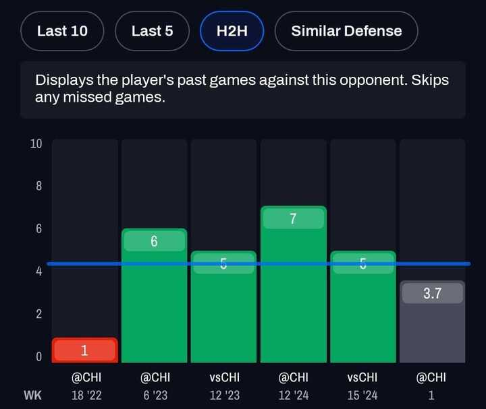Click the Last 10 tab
tap(62, 31)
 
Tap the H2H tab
tap(232, 31)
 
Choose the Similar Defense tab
tap(346, 31)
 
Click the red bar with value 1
tap(85, 350)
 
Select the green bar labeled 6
tap(154, 296)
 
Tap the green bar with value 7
tap(294, 286)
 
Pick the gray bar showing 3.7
tap(432, 323)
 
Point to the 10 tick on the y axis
tap(36, 144)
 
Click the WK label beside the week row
tap(32, 396)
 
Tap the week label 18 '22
tap(86, 396)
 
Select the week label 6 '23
tap(155, 396)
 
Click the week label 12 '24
tap(294, 396)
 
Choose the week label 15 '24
tap(363, 396)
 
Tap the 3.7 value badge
tap(432, 293)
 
